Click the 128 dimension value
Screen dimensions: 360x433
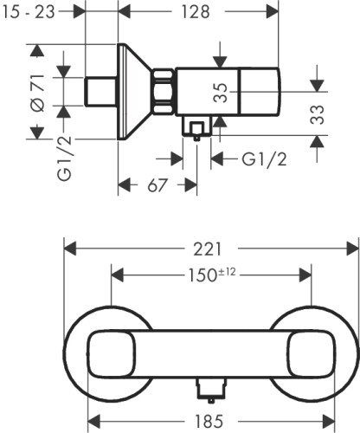coord(196,12)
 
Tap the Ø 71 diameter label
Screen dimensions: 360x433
coord(38,93)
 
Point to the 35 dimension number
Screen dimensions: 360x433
coord(221,93)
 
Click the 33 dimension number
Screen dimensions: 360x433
coord(318,114)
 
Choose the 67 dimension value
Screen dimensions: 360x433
coord(157,185)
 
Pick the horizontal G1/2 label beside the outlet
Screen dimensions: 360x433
coord(264,159)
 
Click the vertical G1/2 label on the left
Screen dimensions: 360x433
coord(64,158)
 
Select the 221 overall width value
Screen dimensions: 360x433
coord(208,249)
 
